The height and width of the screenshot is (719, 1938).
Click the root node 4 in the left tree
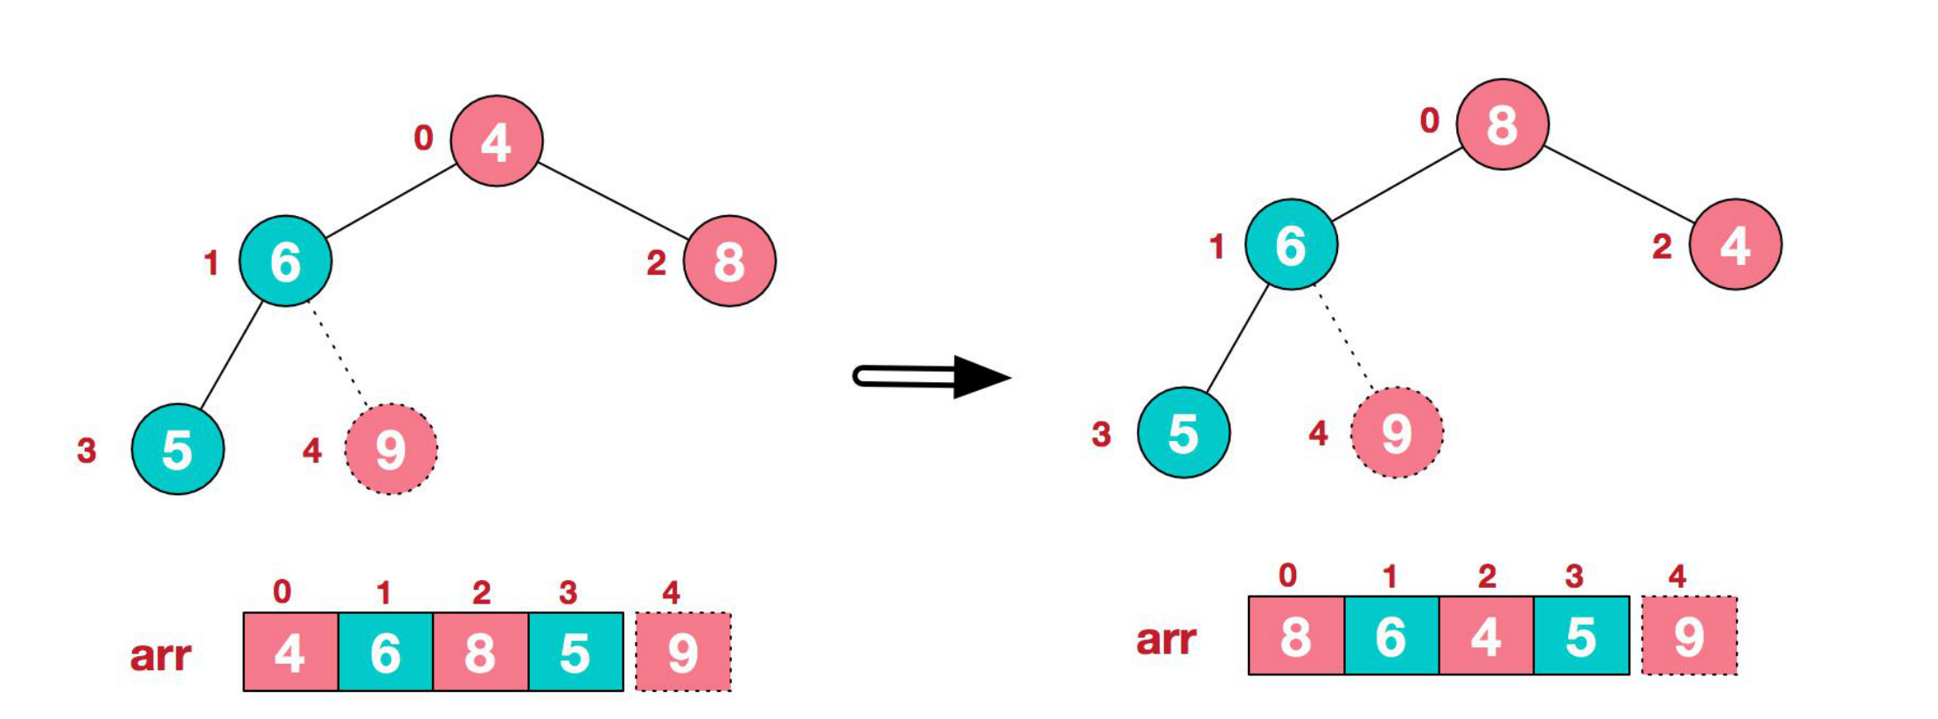coord(496,141)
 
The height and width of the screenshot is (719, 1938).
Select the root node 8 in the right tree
coord(1502,123)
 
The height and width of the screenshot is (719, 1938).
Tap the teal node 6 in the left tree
coord(285,261)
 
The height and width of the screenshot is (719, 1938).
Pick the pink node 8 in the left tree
coord(729,261)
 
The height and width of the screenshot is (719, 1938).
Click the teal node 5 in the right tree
coord(1183,433)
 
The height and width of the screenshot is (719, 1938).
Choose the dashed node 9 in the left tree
coord(391,450)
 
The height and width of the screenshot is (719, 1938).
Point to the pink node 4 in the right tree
coord(1735,244)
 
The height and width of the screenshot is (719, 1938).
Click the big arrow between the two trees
coord(931,377)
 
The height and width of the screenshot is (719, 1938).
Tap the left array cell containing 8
coord(480,653)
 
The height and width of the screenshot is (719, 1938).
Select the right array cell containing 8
coord(1295,636)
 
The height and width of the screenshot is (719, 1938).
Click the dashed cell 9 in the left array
coord(683,653)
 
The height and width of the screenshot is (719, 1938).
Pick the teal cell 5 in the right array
coord(1581,636)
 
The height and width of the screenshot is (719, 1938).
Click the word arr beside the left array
coord(160,655)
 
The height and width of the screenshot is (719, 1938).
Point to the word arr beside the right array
coord(1166,639)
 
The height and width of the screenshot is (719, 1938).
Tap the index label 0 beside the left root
coord(423,137)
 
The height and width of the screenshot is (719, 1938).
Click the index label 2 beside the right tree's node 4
coord(1662,246)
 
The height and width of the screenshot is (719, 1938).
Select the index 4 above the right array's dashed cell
coord(1677,576)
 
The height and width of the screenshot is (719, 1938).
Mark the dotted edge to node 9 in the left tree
coord(338,354)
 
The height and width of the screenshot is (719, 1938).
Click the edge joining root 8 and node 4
coord(1618,184)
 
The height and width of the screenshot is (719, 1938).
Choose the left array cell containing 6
coord(386,653)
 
